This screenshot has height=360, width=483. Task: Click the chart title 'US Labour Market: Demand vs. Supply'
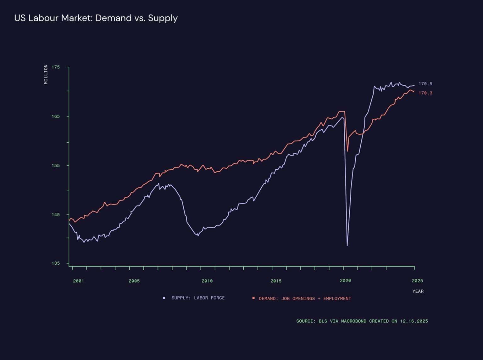(96, 18)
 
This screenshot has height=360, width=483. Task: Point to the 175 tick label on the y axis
(56, 67)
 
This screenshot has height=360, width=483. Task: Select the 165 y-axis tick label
(56, 116)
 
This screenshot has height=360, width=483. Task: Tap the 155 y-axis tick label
(56, 166)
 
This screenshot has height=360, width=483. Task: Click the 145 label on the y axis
(56, 215)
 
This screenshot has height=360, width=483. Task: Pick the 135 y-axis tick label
(56, 263)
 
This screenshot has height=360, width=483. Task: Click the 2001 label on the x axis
(79, 281)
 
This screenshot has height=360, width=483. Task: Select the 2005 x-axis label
(134, 281)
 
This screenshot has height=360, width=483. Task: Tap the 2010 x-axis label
(207, 281)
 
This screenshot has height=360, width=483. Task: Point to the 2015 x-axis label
(276, 281)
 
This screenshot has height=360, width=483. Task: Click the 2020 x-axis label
(345, 281)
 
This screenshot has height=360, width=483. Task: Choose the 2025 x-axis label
(417, 281)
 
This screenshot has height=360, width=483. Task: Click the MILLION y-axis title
(46, 74)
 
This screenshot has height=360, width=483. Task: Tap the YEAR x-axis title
(418, 291)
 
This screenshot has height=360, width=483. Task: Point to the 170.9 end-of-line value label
(425, 84)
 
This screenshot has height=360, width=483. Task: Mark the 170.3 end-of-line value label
(425, 93)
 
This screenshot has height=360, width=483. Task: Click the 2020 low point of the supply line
(347, 245)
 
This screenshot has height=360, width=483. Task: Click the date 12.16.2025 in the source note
(414, 321)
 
